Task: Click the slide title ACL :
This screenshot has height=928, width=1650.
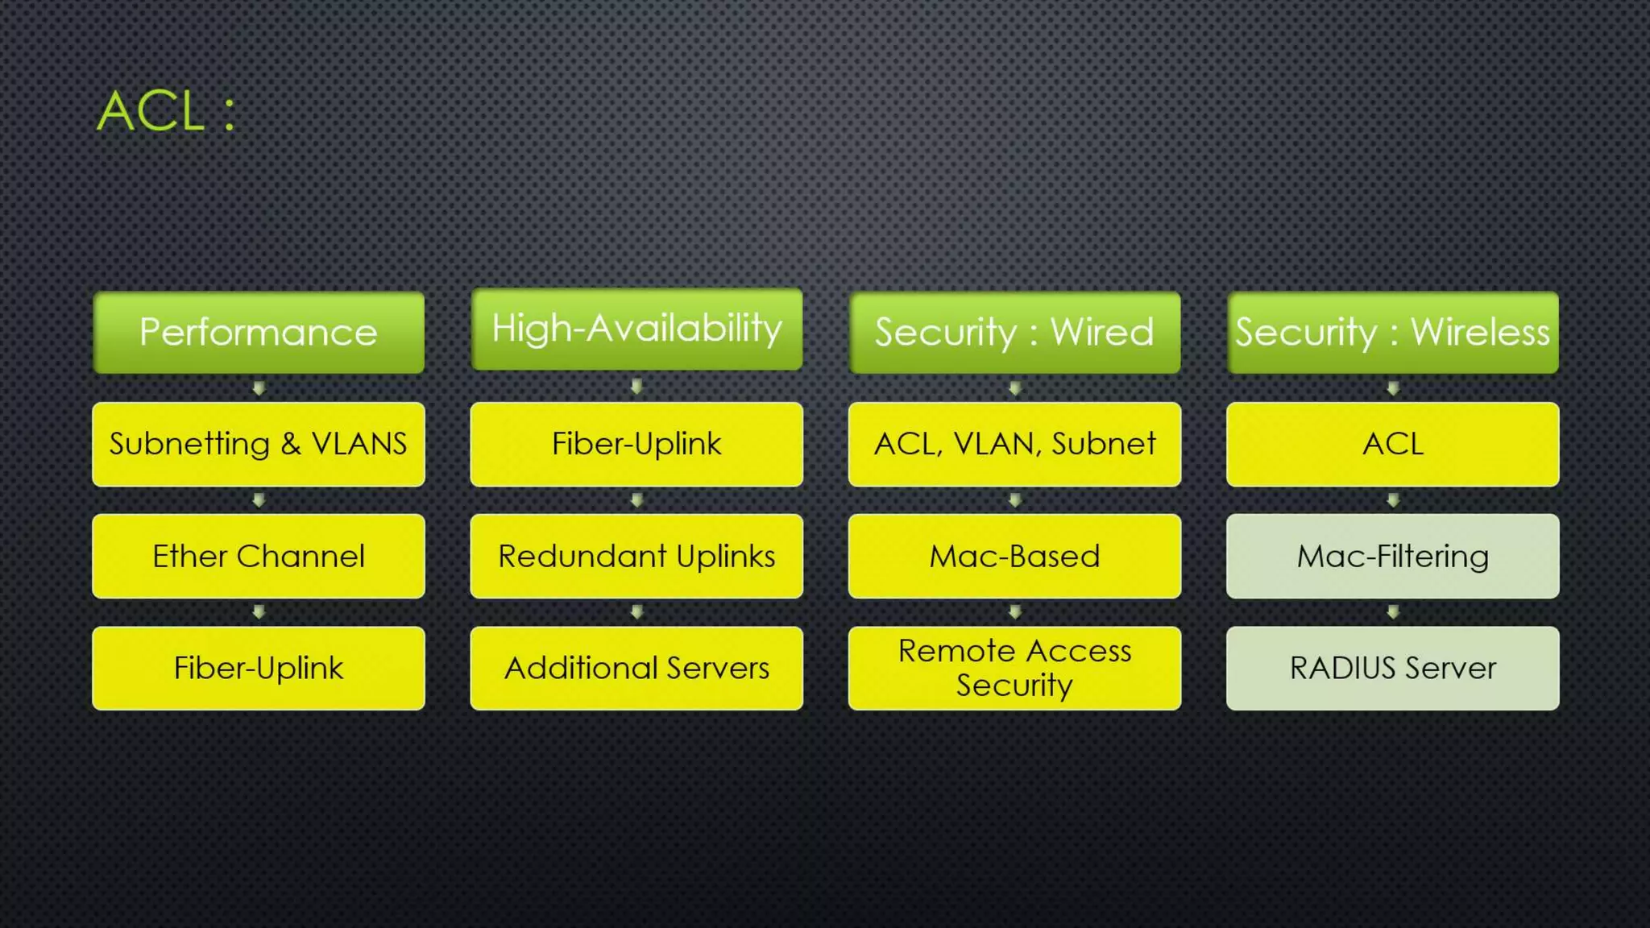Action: pos(166,111)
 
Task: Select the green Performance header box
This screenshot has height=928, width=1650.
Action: pos(259,333)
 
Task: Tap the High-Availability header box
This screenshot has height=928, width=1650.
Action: pos(636,329)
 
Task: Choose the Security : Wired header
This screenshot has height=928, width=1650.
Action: pos(1014,333)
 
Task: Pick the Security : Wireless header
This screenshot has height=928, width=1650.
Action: pos(1392,333)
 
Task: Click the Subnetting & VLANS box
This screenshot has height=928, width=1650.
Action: pos(259,445)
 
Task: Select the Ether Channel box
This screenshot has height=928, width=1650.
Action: pos(259,557)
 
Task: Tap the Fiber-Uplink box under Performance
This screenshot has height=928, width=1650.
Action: pos(259,669)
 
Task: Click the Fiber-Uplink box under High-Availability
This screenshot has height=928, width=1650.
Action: pos(636,445)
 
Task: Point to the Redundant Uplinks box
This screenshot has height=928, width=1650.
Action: pos(636,557)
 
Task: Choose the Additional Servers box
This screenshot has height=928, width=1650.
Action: pos(636,669)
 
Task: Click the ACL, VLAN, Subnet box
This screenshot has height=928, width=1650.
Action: pos(1014,445)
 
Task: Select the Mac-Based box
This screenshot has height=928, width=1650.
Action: pos(1014,557)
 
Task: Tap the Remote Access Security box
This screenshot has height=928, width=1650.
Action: pos(1014,669)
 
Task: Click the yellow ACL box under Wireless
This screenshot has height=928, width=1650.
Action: pos(1392,445)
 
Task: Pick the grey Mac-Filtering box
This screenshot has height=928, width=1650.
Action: pos(1392,557)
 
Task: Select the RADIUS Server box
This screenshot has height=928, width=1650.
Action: pos(1392,669)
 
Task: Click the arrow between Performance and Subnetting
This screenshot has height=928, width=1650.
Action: pos(259,388)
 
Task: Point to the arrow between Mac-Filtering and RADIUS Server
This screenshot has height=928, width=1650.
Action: pos(1393,612)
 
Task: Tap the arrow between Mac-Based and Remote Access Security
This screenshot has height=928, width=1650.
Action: pos(1015,612)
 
